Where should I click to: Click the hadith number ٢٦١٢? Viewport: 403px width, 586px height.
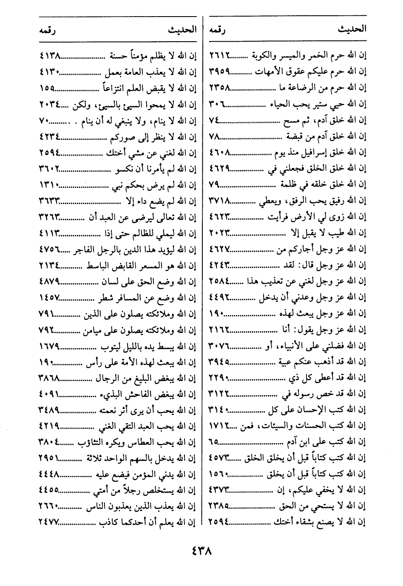[219, 55]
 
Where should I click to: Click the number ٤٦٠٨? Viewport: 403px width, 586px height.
[219, 152]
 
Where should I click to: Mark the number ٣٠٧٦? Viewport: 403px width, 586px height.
[219, 346]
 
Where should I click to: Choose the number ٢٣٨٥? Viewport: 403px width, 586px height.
[219, 506]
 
